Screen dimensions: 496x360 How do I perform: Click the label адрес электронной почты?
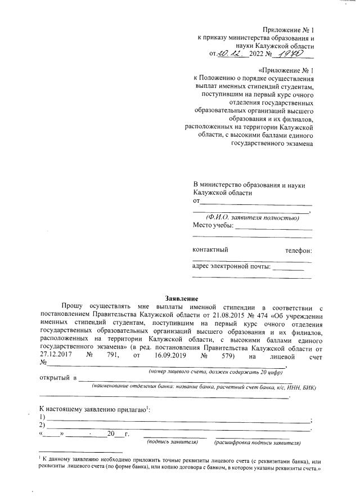click(x=231, y=266)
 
